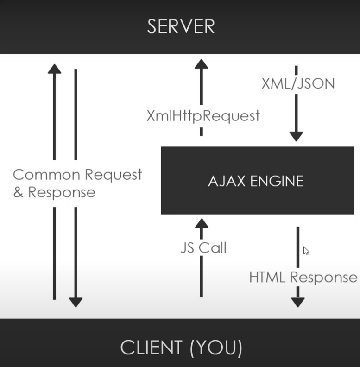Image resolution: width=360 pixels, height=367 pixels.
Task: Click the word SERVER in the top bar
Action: pyautogui.click(x=181, y=26)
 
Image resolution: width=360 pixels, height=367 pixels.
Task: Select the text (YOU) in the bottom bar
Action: pyautogui.click(x=215, y=347)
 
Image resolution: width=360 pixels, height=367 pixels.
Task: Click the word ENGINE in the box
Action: pyautogui.click(x=277, y=181)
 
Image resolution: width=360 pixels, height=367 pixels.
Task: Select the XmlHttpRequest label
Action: pyautogui.click(x=203, y=116)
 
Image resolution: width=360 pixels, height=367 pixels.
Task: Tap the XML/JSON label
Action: pyautogui.click(x=297, y=83)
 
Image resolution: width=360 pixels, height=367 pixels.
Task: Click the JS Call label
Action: pyautogui.click(x=203, y=248)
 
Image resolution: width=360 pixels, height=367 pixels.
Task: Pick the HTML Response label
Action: pyautogui.click(x=303, y=277)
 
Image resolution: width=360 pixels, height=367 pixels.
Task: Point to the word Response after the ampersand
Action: pyautogui.click(x=61, y=192)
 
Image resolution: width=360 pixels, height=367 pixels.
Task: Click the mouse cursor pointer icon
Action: pyautogui.click(x=306, y=251)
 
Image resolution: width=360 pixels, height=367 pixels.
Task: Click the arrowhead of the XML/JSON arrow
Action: pyautogui.click(x=296, y=136)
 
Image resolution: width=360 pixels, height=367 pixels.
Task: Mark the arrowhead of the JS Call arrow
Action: pyautogui.click(x=201, y=223)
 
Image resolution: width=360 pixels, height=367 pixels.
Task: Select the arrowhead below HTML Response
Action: pyautogui.click(x=297, y=302)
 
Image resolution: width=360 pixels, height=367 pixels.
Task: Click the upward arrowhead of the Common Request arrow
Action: pyautogui.click(x=54, y=69)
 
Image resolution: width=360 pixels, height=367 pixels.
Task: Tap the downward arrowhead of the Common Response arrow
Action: pyautogui.click(x=76, y=302)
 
